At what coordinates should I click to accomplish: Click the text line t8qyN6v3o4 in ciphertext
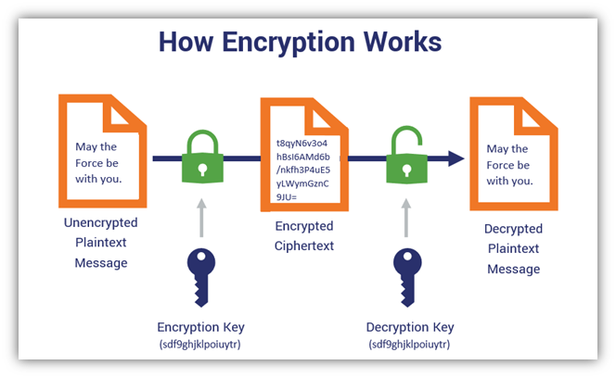pos(303,144)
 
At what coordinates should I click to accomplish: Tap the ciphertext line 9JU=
pos(289,196)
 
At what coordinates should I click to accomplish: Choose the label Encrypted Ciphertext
pos(304,236)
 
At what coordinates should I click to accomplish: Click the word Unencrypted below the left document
pos(100,222)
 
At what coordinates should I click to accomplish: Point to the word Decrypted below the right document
pos(513,228)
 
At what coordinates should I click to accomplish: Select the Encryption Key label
pos(200,325)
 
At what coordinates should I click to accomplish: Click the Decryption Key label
pos(408,325)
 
